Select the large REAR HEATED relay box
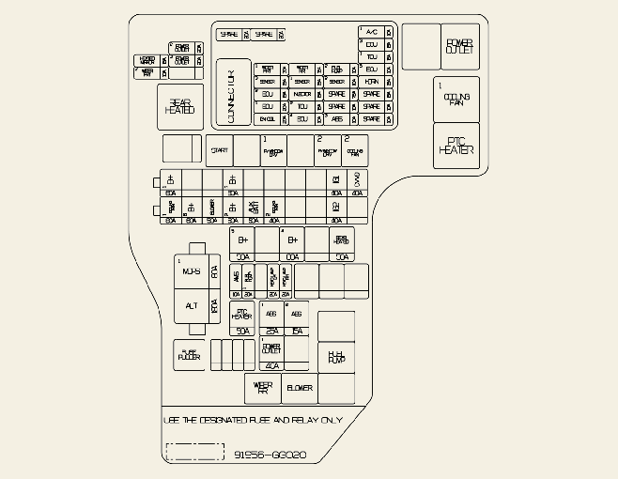tap(179, 107)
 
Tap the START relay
tap(219, 150)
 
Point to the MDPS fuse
tap(192, 271)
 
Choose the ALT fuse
tap(192, 306)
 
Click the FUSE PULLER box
tap(190, 356)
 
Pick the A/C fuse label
tap(372, 31)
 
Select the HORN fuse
tap(372, 82)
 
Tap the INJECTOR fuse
tap(302, 94)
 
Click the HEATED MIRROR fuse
tap(148, 60)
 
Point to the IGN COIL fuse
tap(268, 119)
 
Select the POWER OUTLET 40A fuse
tap(272, 351)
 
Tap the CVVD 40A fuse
tap(357, 180)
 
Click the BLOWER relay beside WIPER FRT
tap(300, 387)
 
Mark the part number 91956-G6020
tap(270, 455)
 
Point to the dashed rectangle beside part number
tap(194, 452)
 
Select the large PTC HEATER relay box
tap(456, 147)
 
